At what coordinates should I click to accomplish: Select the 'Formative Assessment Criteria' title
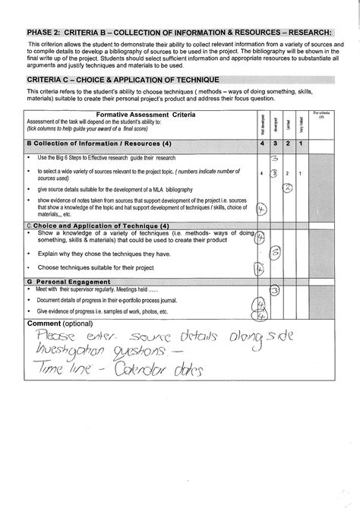coord(151,114)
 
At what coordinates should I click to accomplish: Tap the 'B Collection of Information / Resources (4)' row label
coord(99,144)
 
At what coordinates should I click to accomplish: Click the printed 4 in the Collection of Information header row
coord(261,144)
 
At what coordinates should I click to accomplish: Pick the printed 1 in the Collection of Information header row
coord(302,144)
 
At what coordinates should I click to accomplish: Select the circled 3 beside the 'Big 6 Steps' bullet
coord(276,158)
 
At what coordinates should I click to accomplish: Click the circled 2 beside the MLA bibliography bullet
coord(288,188)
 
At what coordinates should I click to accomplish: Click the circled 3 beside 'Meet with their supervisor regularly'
coord(276,290)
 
